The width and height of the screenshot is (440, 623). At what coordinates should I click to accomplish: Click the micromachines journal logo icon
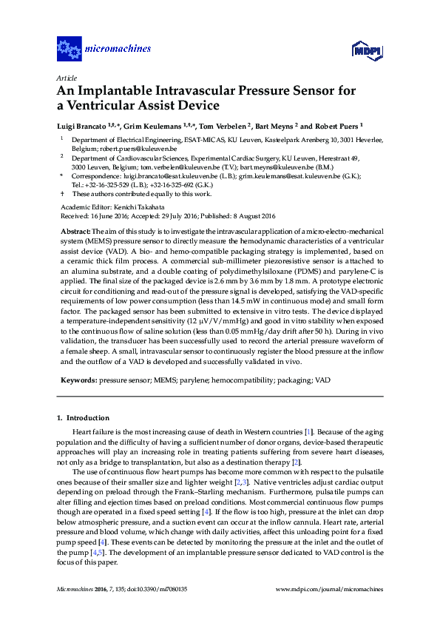coord(70,50)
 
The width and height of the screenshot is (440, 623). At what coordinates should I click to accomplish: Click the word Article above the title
coord(65,78)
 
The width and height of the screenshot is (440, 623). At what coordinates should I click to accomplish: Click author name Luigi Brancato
coord(84,126)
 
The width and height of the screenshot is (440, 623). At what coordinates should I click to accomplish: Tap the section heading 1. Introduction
coord(83,418)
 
